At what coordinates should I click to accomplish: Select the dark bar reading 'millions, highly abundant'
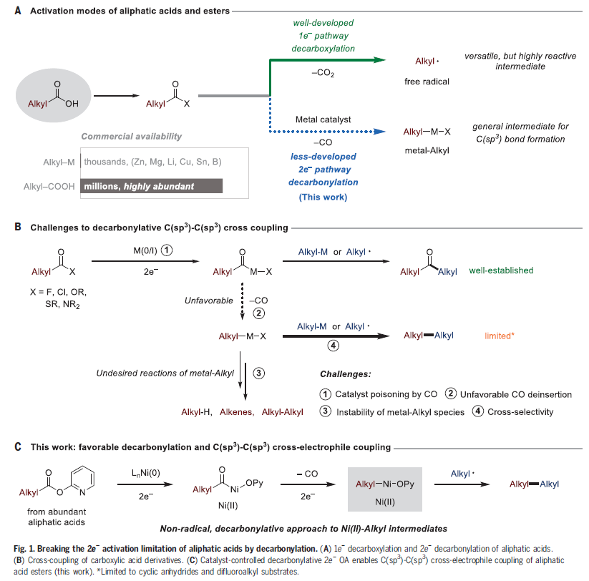(x=151, y=186)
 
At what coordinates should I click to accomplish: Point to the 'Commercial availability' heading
(x=131, y=136)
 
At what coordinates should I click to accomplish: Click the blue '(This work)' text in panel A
(x=328, y=196)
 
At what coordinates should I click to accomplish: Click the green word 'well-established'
(x=501, y=271)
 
